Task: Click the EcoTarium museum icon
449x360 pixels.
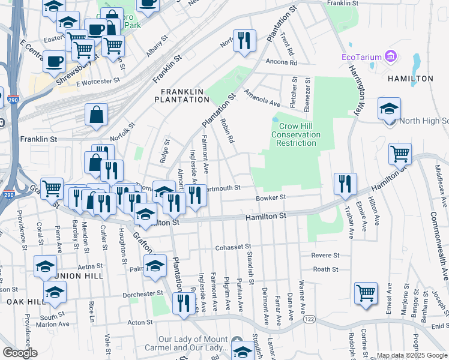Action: click(x=391, y=57)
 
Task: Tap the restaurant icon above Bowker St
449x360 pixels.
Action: click(x=345, y=184)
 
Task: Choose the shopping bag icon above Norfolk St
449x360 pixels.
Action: click(x=96, y=114)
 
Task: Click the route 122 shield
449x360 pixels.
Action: click(x=309, y=321)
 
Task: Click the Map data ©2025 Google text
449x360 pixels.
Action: click(x=411, y=355)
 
